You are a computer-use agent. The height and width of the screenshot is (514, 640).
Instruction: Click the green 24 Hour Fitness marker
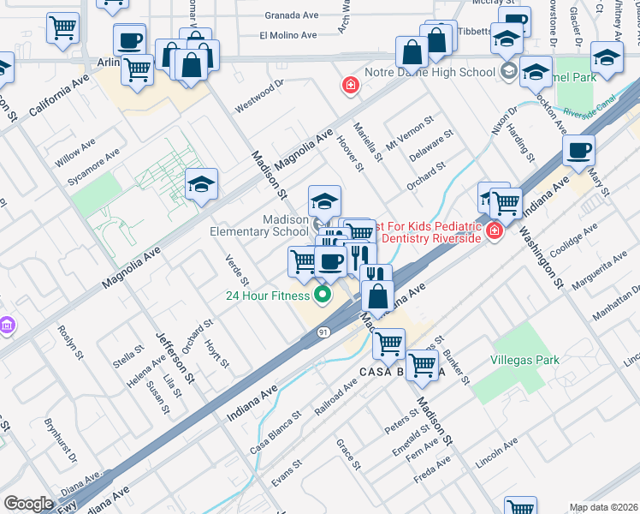pos(323,296)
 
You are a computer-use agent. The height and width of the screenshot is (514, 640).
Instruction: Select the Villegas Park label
pos(524,360)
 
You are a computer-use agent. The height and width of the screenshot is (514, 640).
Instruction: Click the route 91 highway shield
pos(322,332)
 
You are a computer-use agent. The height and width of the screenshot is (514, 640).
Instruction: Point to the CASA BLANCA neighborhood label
pos(402,372)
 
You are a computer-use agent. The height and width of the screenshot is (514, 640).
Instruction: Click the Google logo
pos(28,504)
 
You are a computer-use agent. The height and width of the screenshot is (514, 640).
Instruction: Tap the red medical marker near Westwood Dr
pos(349,85)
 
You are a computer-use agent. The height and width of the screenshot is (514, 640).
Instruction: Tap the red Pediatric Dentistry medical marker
pos(495,230)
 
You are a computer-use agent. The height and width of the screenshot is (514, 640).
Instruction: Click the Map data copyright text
pos(603,507)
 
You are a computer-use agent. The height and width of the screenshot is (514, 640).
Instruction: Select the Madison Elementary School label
pos(259,225)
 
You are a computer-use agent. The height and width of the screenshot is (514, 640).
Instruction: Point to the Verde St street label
pos(236,270)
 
